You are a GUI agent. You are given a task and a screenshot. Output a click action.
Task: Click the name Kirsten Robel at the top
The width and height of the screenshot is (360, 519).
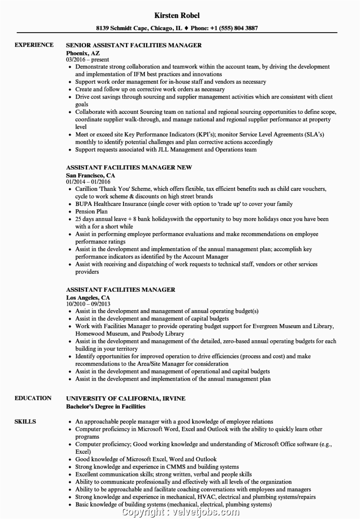coord(177,15)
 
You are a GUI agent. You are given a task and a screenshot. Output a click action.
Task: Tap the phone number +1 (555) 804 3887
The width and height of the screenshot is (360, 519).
coord(234,28)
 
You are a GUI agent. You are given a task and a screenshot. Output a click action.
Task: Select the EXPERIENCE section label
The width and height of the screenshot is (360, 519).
coord(34,45)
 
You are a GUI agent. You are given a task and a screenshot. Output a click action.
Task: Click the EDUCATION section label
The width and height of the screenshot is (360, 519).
coord(33,398)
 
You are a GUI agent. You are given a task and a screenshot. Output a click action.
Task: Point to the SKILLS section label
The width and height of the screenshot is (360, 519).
coord(25,421)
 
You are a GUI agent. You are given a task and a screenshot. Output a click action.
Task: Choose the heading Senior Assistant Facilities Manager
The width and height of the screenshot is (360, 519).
coord(134,45)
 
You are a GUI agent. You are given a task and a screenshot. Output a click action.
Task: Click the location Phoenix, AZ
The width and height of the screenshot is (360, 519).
coord(83,53)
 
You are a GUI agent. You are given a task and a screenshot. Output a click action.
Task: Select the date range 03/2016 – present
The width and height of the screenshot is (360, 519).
coord(87,59)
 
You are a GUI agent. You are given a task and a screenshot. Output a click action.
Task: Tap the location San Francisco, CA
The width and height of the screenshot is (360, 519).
coord(90,175)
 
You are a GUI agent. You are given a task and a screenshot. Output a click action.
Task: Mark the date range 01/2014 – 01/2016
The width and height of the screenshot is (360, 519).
coord(88,182)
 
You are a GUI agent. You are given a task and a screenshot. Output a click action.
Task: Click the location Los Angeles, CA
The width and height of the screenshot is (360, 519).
coord(88,297)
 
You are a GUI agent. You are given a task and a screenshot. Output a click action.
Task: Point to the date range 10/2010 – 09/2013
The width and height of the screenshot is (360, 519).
coord(88,304)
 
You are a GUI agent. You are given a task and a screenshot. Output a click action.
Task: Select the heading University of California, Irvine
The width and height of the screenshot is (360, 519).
coord(126,398)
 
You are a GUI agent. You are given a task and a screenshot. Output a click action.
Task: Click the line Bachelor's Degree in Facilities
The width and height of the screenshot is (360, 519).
coord(105,406)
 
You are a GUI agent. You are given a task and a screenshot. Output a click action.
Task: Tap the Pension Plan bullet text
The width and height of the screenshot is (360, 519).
coord(91,211)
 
